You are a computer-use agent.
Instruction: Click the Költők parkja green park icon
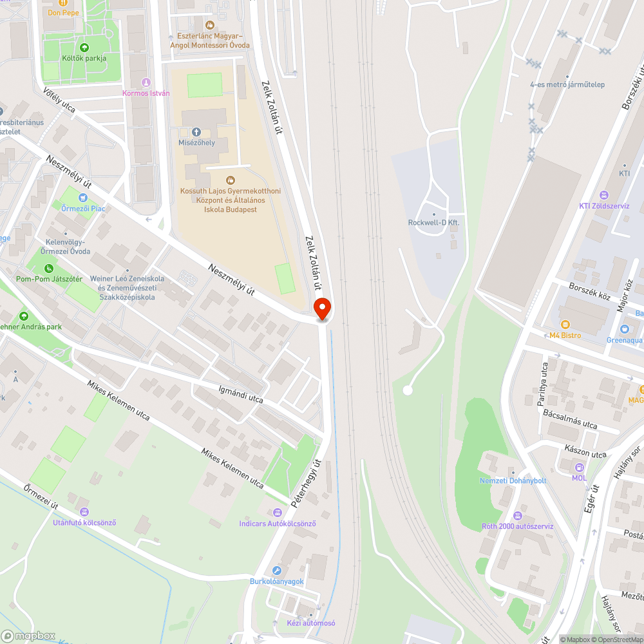point(84,47)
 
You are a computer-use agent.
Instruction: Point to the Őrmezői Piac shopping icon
point(83,197)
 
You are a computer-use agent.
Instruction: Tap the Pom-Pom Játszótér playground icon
point(49,268)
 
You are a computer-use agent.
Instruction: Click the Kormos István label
point(146,93)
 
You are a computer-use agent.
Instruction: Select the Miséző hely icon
point(196,131)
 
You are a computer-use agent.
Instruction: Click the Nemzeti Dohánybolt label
point(513,480)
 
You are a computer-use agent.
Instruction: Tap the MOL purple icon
point(580,467)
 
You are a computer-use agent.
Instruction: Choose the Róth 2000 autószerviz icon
point(518,515)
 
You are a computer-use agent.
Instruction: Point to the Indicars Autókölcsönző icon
point(278,513)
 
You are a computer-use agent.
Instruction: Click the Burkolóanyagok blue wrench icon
point(277,571)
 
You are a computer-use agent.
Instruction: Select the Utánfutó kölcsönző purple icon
point(84,512)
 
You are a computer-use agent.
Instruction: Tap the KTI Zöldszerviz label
point(603,206)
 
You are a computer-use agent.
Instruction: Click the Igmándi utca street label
point(241,394)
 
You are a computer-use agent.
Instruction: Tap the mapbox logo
point(28,636)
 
